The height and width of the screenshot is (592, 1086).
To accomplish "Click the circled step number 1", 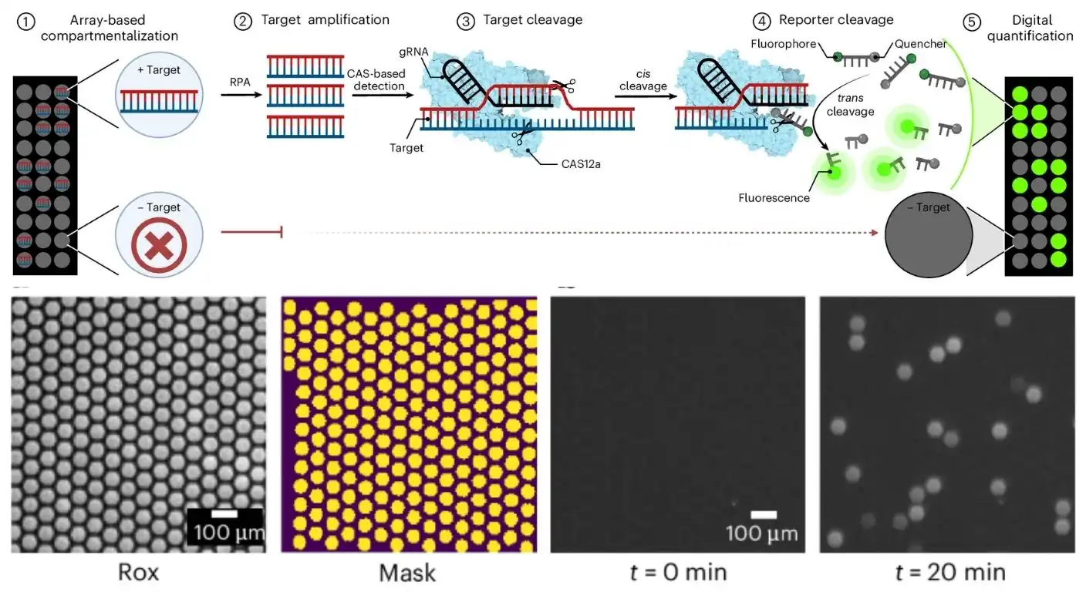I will pos(24,21).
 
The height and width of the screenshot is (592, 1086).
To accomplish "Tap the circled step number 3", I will pos(465,21).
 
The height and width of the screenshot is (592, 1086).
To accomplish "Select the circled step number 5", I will pos(972,21).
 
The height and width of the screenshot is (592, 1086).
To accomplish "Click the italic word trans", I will pos(852,99).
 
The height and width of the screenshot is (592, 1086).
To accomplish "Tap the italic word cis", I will pos(642,74).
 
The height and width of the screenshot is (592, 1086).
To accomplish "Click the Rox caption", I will pos(139,573).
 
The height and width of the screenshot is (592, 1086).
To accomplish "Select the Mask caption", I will pos(407,573).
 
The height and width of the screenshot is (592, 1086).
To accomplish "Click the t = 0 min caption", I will pos(676,573).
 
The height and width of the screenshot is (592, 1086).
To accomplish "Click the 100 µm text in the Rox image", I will pos(228,532).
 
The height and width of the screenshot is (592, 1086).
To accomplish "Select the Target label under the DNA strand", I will pos(406,147).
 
